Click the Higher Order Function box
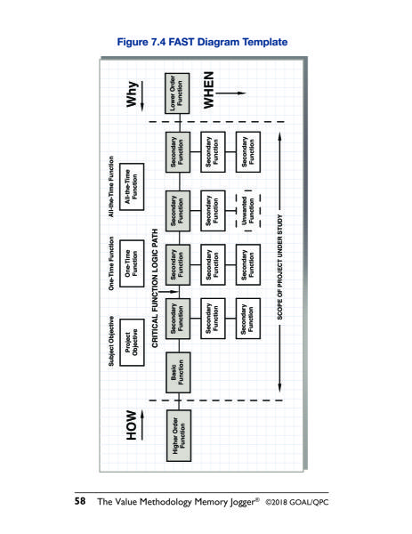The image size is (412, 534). coord(179,435)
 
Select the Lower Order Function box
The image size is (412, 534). coord(177,93)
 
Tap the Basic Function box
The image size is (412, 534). coord(178,373)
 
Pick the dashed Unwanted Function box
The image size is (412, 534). coord(248,211)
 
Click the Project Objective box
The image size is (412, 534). coord(132,343)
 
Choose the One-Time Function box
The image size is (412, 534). coord(132,263)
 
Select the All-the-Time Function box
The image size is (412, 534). coord(132,187)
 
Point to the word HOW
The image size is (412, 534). coord(132,425)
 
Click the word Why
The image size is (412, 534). coord(132,94)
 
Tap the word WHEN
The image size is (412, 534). coord(208,90)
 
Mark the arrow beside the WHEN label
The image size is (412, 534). coord(230,93)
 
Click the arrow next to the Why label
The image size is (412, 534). coord(142,96)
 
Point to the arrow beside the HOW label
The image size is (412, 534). coord(142,425)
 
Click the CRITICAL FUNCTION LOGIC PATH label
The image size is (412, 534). coord(155,288)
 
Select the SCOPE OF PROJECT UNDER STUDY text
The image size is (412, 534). coord(280,267)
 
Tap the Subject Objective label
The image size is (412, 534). coord(111,341)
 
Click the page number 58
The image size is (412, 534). coord(80,501)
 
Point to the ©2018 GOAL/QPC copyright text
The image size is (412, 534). coord(297,502)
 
